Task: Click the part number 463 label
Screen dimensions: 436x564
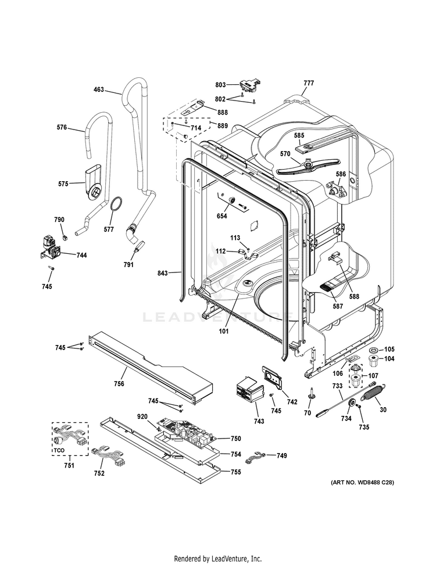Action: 99,89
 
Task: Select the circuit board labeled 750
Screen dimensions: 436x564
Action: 187,430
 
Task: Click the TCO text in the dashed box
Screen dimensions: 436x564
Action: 59,450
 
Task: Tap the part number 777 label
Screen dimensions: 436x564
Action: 309,82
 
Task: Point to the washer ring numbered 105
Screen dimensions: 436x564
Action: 374,350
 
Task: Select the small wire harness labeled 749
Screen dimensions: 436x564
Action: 255,457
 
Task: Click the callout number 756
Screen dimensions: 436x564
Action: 119,384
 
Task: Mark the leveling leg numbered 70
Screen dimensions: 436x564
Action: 310,393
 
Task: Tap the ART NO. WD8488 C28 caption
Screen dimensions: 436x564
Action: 362,482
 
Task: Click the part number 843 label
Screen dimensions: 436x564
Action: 162,274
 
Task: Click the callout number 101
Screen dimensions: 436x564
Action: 224,331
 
